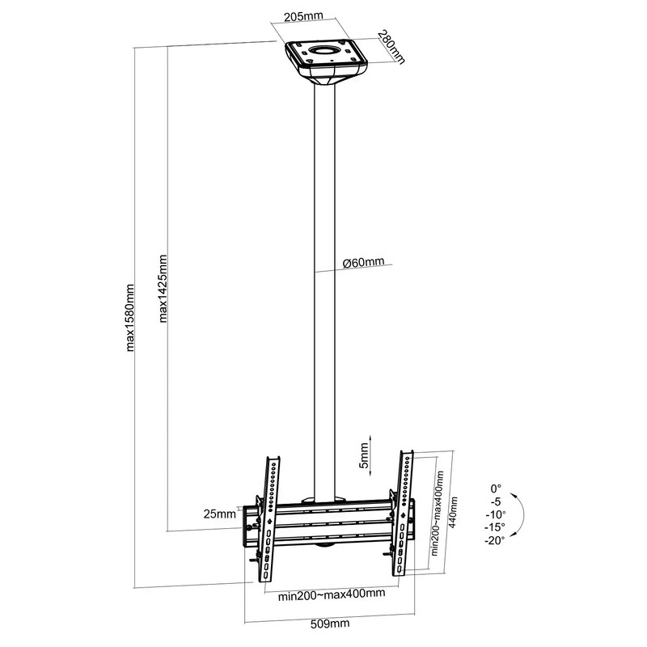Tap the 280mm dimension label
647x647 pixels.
(x=391, y=47)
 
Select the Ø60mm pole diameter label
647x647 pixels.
(x=363, y=262)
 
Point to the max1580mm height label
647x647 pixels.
(x=130, y=317)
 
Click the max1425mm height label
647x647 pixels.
(x=163, y=288)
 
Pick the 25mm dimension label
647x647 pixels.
(x=219, y=514)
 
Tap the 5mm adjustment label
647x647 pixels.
(x=364, y=455)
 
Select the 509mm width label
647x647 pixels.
(x=330, y=623)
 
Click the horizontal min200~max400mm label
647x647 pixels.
(x=332, y=594)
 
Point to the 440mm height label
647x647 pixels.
(x=453, y=512)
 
